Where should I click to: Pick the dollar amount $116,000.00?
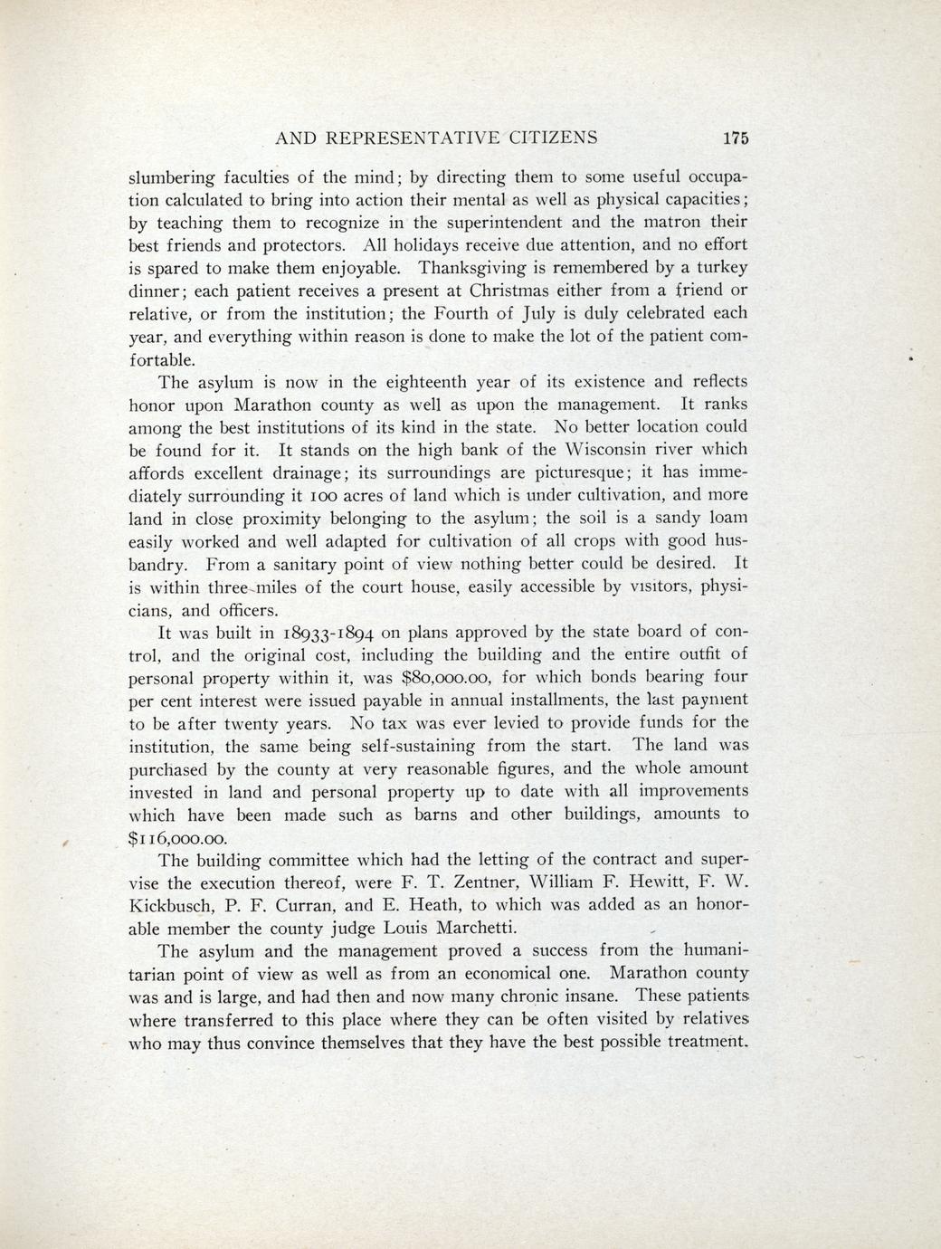pyautogui.click(x=179, y=837)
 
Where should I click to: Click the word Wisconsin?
pyautogui.click(x=608, y=450)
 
